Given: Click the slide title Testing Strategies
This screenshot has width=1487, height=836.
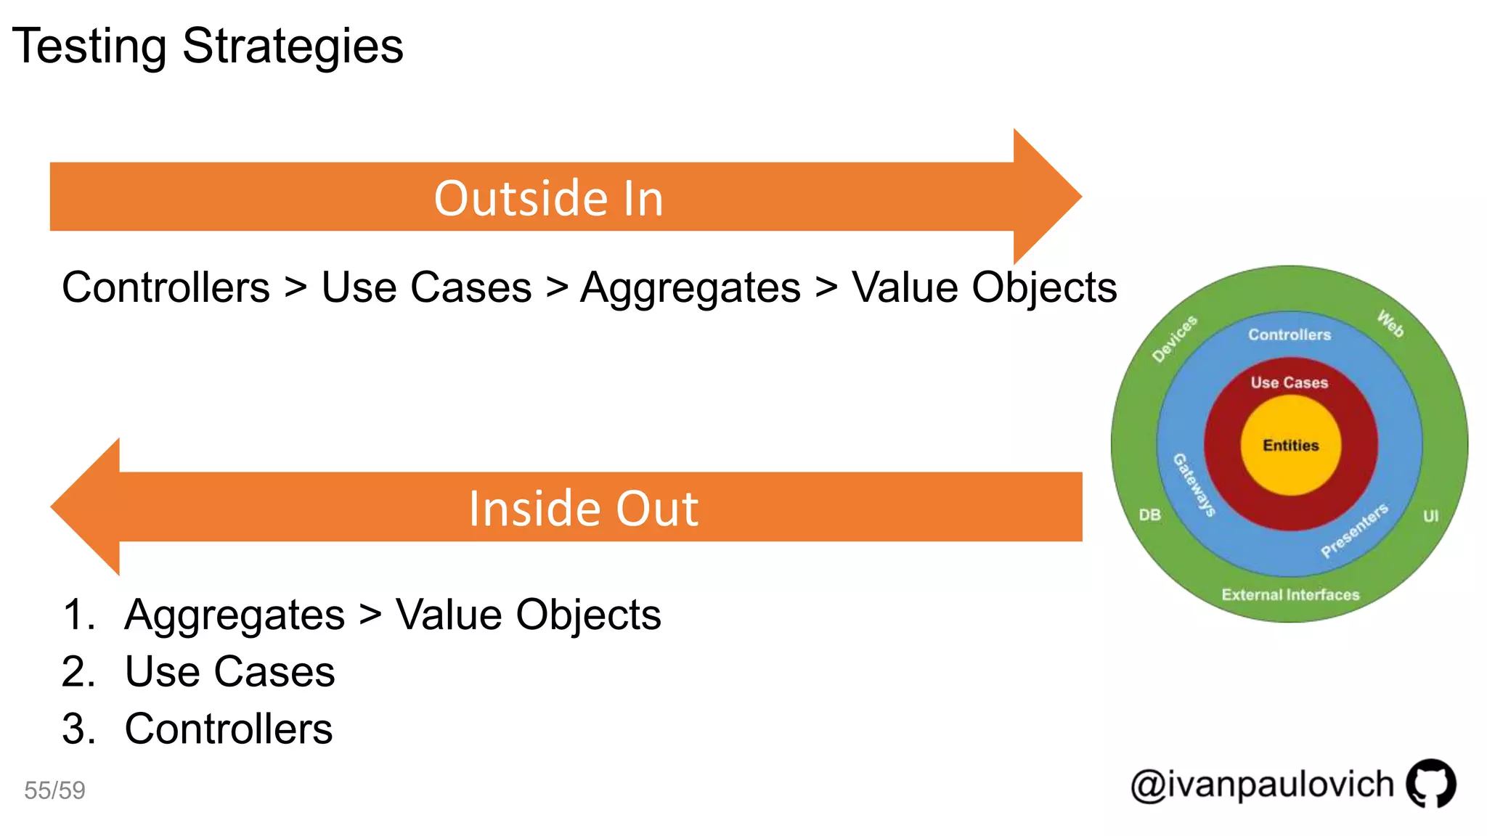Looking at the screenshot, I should point(208,46).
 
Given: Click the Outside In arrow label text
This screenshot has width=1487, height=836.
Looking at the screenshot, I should point(548,198).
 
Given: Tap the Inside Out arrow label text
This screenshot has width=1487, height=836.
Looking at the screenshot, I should point(583,508).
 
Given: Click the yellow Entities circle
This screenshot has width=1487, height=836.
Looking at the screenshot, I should point(1290,446).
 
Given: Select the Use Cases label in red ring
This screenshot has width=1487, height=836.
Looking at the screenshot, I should point(1289,382).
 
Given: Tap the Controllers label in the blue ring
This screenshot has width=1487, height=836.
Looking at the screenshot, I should point(1290,335).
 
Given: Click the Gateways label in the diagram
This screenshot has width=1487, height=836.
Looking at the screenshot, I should point(1194,485).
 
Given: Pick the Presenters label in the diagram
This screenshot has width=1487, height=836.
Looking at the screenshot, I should point(1354,530).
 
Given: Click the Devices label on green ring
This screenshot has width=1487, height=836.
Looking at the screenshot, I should point(1174,338).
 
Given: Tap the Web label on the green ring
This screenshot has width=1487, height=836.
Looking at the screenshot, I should point(1390,324).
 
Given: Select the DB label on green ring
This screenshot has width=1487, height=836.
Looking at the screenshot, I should point(1149,515).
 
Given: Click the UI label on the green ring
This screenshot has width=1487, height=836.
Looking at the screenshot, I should point(1430,516).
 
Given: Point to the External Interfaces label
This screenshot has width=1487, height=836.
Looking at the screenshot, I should point(1290,595).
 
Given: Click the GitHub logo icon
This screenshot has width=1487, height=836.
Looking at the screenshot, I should point(1430,783).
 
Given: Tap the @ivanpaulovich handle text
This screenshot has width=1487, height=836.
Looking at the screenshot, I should point(1262,784).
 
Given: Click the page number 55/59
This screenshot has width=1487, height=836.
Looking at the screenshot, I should point(54,790).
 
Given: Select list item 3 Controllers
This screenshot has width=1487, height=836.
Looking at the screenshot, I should point(228,729).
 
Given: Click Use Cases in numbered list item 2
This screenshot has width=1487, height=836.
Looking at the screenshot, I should point(229,671).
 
